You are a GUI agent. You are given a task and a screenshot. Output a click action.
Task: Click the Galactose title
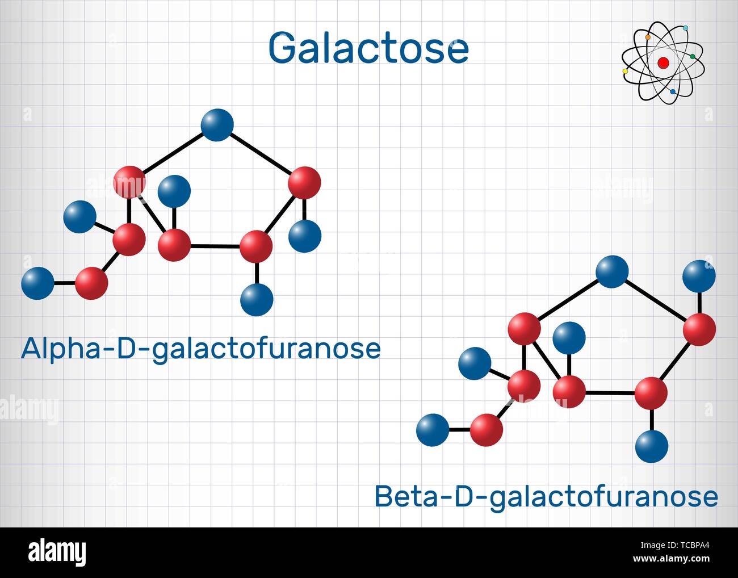click(x=368, y=48)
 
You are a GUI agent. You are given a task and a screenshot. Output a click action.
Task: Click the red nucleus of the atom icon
click(x=663, y=63)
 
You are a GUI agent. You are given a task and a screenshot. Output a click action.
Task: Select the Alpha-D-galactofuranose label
click(x=201, y=349)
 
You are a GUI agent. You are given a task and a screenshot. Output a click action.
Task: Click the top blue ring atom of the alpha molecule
click(x=217, y=125)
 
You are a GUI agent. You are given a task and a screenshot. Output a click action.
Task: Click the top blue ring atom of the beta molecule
click(x=612, y=272)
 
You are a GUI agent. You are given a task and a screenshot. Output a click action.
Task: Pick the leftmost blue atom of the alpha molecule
click(x=37, y=283)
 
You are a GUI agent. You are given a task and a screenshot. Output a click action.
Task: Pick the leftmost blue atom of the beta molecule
click(x=433, y=430)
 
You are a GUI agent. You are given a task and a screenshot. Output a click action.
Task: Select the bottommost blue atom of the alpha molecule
click(x=257, y=300)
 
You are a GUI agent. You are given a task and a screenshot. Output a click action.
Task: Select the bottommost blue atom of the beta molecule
click(x=652, y=446)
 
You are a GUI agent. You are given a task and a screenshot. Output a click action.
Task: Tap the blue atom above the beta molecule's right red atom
click(x=699, y=276)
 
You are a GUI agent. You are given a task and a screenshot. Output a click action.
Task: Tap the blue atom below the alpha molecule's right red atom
click(x=305, y=236)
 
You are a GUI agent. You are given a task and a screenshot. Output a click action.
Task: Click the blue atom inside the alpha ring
click(x=174, y=191)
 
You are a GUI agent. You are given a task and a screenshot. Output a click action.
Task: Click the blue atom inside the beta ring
click(x=569, y=338)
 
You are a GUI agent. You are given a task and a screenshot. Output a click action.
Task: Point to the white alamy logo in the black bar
click(x=57, y=552)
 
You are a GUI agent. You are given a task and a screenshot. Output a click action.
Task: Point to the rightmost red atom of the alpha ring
click(x=305, y=183)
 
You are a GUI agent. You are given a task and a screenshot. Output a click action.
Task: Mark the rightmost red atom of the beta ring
click(x=699, y=329)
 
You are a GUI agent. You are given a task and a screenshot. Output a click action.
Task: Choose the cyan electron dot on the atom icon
click(x=686, y=28)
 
